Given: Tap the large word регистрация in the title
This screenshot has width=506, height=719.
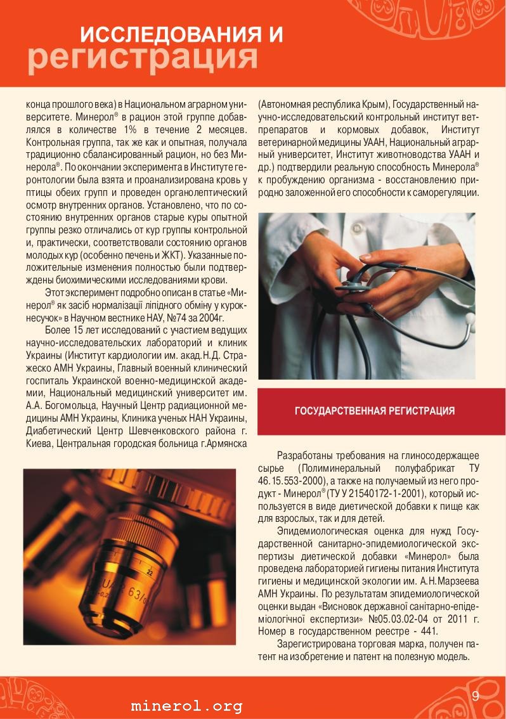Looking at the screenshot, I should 143,58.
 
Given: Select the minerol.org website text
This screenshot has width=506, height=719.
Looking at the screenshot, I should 186,706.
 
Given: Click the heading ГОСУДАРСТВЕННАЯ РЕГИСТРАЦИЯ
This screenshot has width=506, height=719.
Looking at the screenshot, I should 375,411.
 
